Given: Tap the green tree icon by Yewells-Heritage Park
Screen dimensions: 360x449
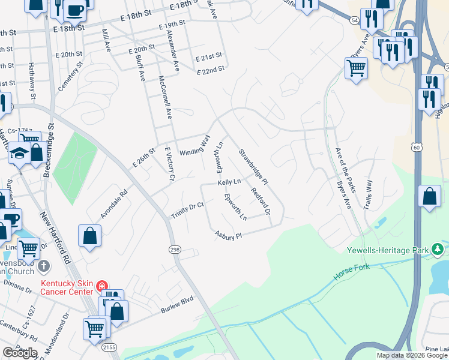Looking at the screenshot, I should point(439,248).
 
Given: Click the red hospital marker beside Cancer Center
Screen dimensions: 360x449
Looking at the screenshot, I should point(102,286).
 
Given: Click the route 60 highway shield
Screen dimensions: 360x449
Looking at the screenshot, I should point(417,146).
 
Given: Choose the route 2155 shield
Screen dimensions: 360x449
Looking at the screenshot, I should point(109,347).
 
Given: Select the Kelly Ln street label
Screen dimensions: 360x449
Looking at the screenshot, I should point(229,182).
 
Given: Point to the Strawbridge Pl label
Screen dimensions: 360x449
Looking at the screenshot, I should point(253,167).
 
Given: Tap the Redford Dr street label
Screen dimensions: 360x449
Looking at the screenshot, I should point(261,202).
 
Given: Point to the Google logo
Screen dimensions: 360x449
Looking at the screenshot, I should point(20,352).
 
